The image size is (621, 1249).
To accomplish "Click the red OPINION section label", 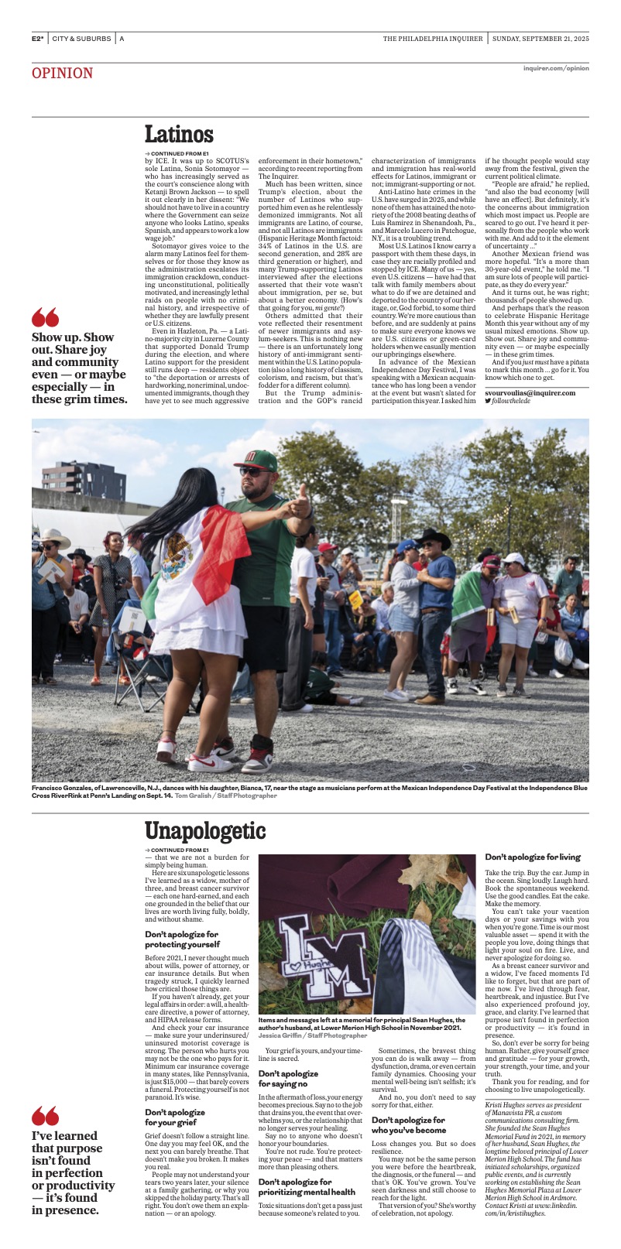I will (x=62, y=74).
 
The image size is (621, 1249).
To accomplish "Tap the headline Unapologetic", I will (x=205, y=832).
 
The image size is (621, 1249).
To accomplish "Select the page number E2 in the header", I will (x=36, y=39).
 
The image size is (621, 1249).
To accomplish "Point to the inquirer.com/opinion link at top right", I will (x=555, y=68).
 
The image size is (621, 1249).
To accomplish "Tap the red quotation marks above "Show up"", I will (x=45, y=317).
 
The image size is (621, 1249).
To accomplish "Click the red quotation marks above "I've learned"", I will (x=45, y=1115).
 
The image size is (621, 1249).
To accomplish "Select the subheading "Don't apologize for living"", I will (x=532, y=857).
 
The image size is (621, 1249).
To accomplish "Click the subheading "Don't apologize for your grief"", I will (x=175, y=1117).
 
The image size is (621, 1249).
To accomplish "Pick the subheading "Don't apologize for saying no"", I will (x=287, y=1079).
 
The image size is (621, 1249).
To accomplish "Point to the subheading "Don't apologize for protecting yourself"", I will (x=182, y=939).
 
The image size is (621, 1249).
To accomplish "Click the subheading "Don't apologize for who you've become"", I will (x=408, y=1124).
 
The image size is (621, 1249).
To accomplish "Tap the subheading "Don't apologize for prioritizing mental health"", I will (x=307, y=1187).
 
